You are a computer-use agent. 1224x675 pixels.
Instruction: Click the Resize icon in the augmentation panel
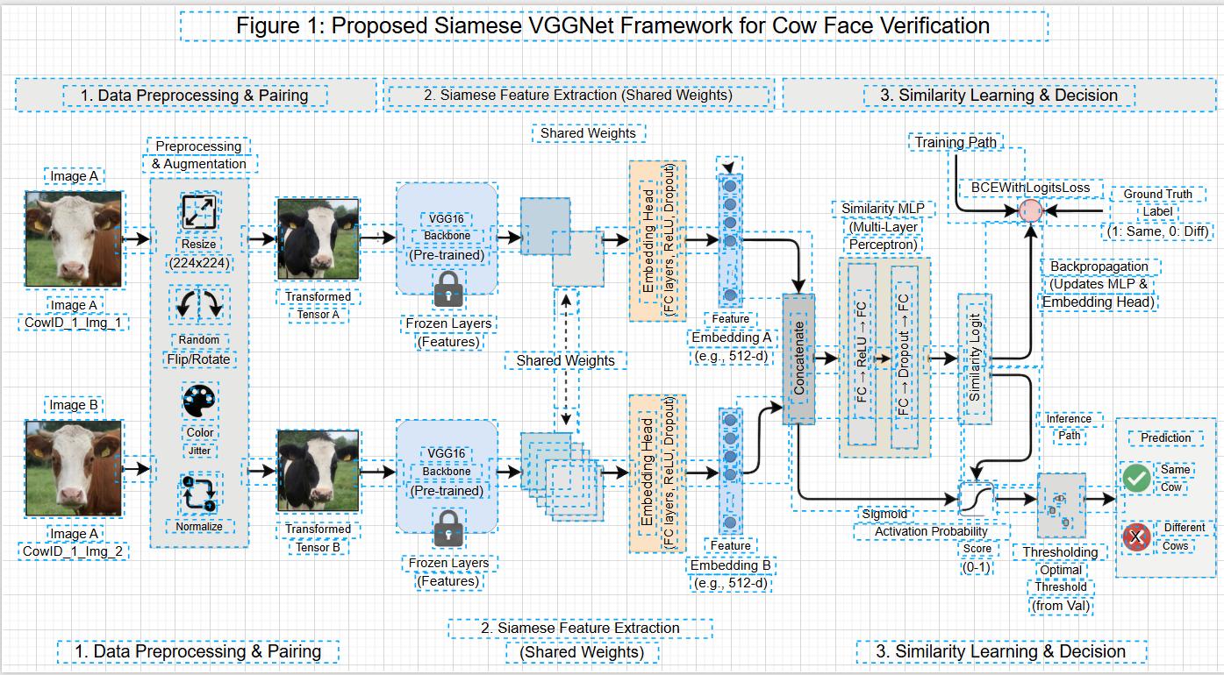coord(200,212)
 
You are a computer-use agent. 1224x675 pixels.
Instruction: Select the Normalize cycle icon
coord(199,494)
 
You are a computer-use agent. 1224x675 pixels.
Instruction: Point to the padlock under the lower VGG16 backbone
coord(449,527)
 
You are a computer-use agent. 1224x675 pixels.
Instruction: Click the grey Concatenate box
coord(798,359)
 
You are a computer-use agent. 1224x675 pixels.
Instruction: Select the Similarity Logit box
coord(974,359)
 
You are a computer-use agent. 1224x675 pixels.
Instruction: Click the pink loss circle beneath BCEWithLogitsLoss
coord(1031,210)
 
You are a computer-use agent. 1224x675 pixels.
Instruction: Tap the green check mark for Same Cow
coord(1137,478)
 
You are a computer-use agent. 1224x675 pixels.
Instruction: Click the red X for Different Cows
coord(1137,536)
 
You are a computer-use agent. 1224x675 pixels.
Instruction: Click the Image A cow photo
coord(74,239)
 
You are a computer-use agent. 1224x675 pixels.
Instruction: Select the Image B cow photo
coord(74,468)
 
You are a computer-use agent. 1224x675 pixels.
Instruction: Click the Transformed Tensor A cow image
coord(318,239)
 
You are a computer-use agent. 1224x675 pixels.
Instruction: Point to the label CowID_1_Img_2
coord(74,551)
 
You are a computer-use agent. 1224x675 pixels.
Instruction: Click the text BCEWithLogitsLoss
coord(1030,188)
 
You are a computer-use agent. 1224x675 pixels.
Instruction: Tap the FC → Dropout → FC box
coord(904,355)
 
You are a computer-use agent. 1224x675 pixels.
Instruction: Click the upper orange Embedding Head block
coord(657,241)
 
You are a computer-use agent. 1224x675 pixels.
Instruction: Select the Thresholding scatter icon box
coord(1061,506)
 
